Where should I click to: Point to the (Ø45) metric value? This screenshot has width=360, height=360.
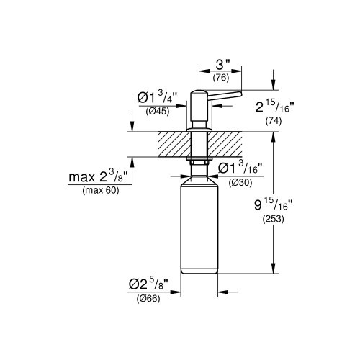coord(158,111)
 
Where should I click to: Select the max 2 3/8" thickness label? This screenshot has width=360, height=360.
coord(101,177)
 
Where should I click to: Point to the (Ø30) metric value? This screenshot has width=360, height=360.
coord(240,183)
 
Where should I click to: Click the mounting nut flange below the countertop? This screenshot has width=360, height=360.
coord(198,160)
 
